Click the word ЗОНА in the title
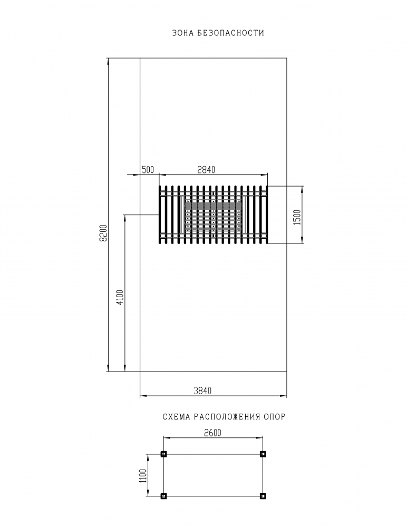pos(182,33)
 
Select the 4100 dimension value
pos(120,297)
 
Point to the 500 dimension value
pos(148,170)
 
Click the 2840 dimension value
pos(206,170)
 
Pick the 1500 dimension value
pos(297,218)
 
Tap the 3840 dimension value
pos(203,391)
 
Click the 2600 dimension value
pos(213,433)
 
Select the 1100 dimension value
pos(143,475)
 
